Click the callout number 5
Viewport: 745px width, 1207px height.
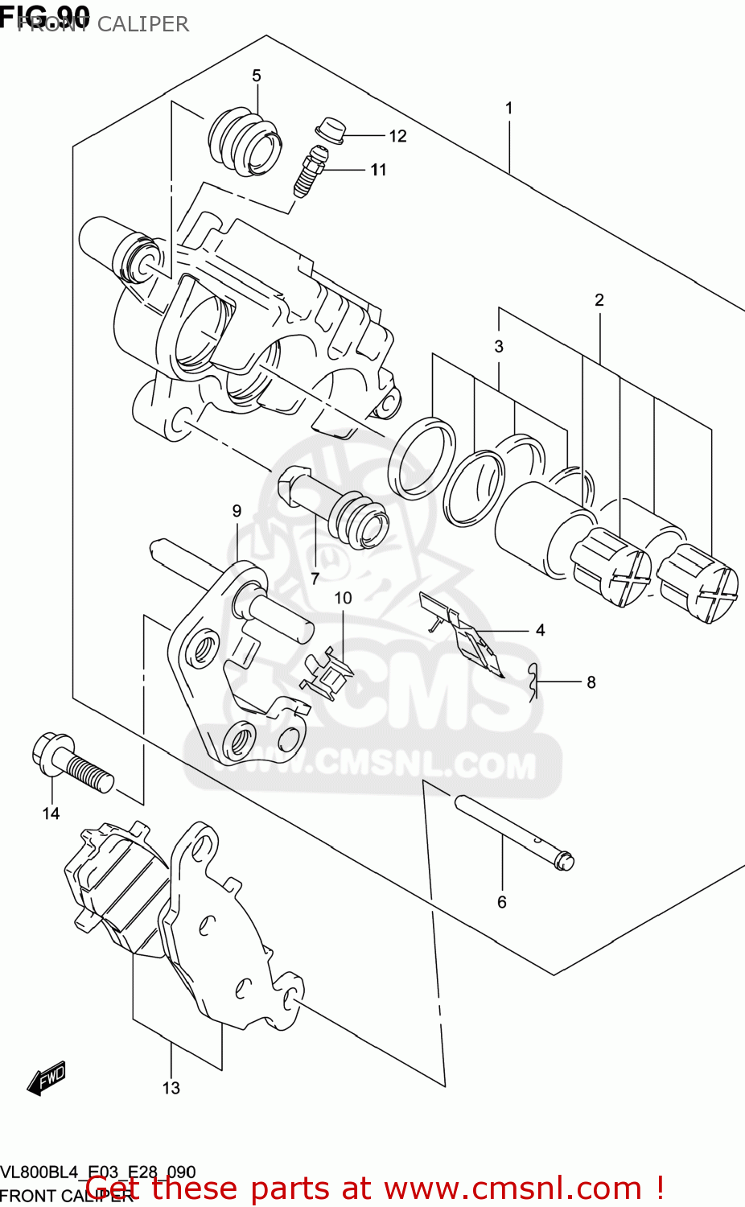(257, 76)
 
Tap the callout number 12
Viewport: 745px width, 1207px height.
(398, 136)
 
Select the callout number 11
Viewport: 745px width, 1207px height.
(379, 170)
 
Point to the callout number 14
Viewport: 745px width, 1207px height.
(51, 814)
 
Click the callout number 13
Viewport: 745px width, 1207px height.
(171, 1088)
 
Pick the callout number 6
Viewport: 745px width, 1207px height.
(502, 902)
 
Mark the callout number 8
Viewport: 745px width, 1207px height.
(591, 682)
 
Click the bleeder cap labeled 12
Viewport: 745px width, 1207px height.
(330, 130)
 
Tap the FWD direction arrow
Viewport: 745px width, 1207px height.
(46, 1078)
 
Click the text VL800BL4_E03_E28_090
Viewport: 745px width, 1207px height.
(98, 1172)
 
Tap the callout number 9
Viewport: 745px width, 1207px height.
(237, 511)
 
